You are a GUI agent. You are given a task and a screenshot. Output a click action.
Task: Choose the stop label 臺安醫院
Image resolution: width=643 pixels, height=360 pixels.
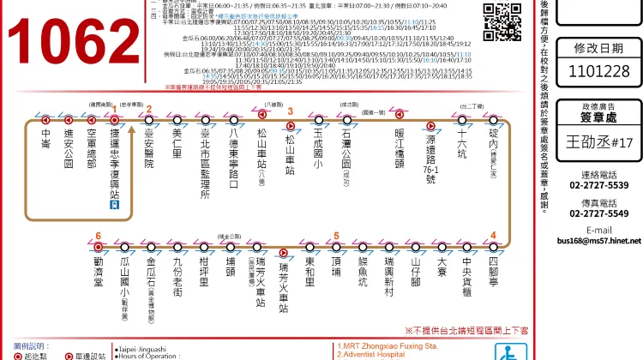(149, 149)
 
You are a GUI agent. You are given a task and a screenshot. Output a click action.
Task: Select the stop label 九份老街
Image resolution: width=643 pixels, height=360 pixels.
(177, 279)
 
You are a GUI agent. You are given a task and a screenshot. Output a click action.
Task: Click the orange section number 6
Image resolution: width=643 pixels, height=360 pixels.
(99, 236)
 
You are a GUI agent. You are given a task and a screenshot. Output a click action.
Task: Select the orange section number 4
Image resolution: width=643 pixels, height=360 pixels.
(493, 236)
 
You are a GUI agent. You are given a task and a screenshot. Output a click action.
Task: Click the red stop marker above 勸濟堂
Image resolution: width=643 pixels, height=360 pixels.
(99, 247)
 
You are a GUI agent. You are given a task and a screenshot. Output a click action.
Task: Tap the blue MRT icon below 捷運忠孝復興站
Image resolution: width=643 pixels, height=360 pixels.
(113, 207)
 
